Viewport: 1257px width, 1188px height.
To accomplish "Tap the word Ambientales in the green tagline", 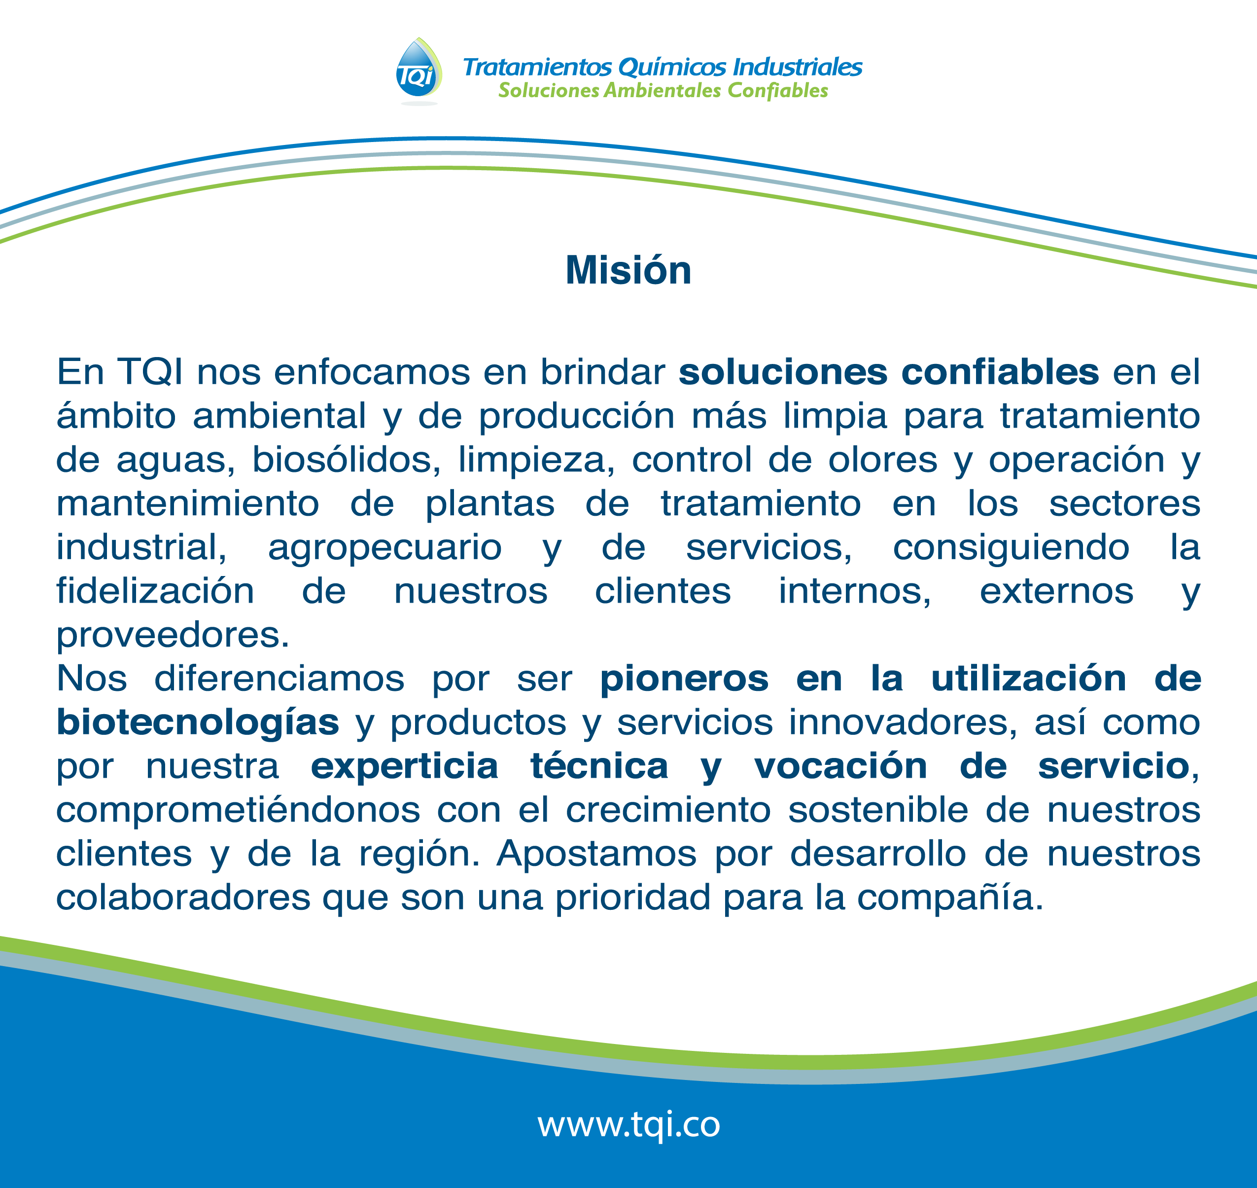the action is click(662, 91).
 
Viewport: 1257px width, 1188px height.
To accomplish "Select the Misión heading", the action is click(628, 270).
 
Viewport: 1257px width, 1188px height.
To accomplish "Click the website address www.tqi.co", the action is click(628, 1124).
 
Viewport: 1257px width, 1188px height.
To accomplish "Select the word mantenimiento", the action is click(187, 504).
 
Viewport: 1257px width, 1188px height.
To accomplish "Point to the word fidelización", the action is click(155, 591).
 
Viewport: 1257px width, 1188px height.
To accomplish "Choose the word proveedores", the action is click(173, 636).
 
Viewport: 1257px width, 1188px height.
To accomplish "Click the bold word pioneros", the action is click(684, 679).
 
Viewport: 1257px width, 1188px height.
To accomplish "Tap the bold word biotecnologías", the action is click(198, 723).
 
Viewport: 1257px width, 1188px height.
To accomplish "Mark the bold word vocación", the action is click(840, 767).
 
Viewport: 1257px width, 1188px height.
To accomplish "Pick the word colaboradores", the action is click(183, 898).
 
